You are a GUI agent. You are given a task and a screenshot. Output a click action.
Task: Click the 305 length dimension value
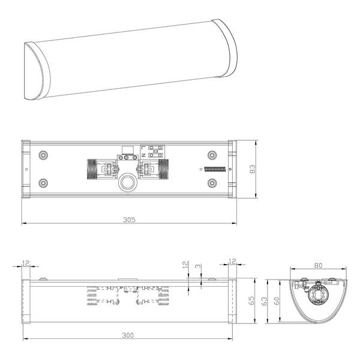coord(129,220)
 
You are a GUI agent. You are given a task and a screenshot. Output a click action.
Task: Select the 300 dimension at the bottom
coord(128,335)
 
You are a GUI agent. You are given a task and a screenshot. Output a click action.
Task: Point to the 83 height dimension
coord(252,169)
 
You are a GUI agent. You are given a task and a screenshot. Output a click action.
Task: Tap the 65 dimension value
coord(251,301)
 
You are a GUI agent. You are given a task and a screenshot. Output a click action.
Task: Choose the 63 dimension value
coord(264,301)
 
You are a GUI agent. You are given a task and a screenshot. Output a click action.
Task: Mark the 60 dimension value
coord(277,301)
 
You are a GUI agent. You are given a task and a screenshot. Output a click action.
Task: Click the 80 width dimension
coord(318,265)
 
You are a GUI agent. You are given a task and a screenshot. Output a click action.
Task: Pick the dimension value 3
coord(198,266)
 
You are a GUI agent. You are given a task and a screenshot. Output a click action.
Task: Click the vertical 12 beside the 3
coord(185,264)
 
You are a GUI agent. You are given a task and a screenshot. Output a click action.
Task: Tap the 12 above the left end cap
coord(26,263)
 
